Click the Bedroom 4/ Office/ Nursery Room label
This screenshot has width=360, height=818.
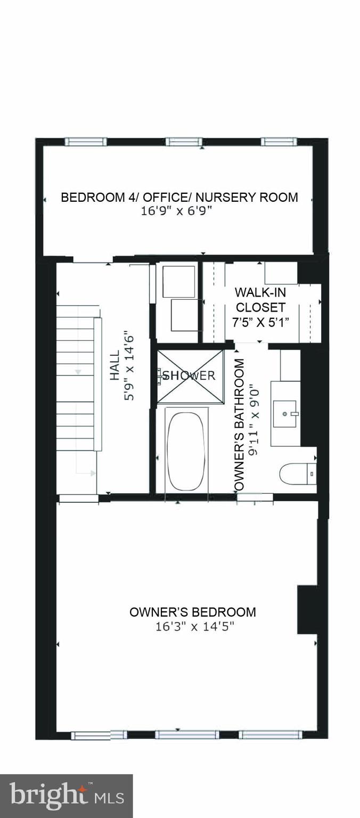179,197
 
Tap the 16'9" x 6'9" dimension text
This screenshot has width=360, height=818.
176,211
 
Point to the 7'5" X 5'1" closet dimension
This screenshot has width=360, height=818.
260,322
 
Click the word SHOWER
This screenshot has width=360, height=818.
189,375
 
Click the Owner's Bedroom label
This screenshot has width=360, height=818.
192,612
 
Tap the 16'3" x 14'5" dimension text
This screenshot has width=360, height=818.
195,626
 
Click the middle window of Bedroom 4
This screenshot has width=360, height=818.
184,142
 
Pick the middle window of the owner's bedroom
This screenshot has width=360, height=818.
186,734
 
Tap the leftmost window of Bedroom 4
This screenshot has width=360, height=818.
86,142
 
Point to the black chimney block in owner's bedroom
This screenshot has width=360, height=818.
307,609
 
